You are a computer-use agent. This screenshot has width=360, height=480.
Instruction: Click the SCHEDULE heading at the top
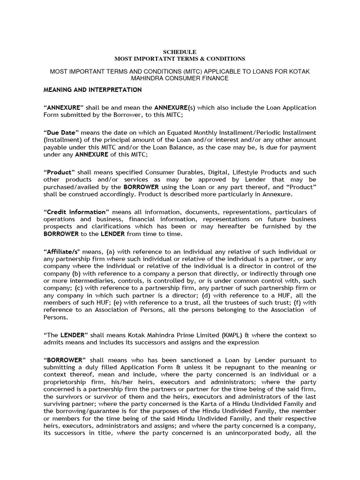180,51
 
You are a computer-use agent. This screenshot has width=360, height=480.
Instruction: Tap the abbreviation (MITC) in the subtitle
179,71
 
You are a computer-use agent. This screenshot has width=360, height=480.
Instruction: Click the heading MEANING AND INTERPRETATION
92,90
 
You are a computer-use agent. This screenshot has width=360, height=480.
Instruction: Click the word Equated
190,133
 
